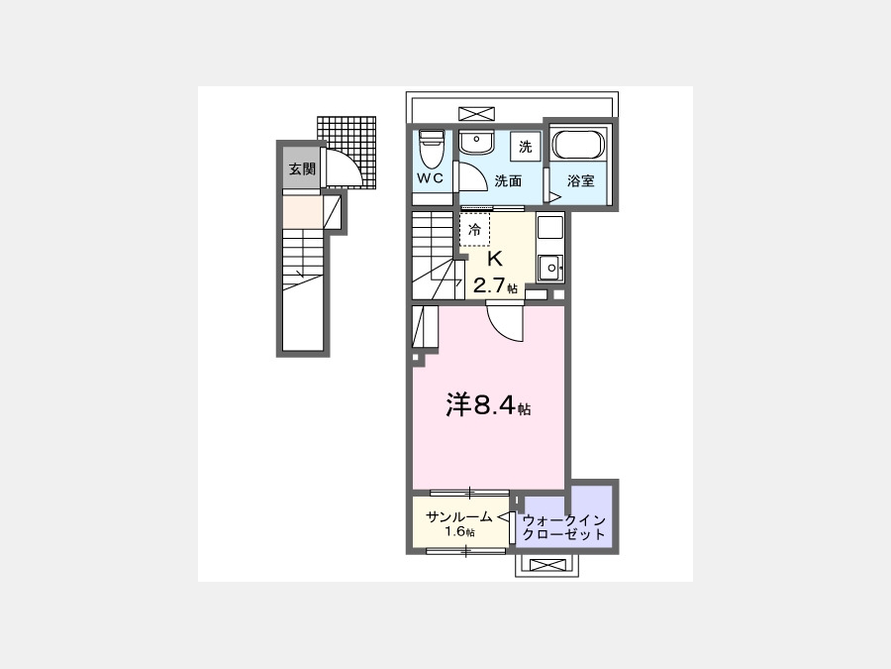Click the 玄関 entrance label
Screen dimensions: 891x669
[x=302, y=168]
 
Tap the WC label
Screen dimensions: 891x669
[x=431, y=178]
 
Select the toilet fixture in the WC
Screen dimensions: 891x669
[x=431, y=149]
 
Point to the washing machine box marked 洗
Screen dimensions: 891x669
[x=525, y=147]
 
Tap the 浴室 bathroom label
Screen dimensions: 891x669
[x=581, y=181]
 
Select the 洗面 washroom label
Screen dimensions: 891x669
[x=508, y=181]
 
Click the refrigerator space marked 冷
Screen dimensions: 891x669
[x=474, y=229]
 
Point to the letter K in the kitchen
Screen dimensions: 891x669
[x=494, y=259]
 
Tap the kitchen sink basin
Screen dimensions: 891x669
[x=550, y=268]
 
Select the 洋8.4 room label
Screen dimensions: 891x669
[x=481, y=405]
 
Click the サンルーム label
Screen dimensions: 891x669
[x=459, y=517]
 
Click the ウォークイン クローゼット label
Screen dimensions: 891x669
[x=563, y=527]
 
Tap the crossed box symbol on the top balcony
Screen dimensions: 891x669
[x=476, y=113]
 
